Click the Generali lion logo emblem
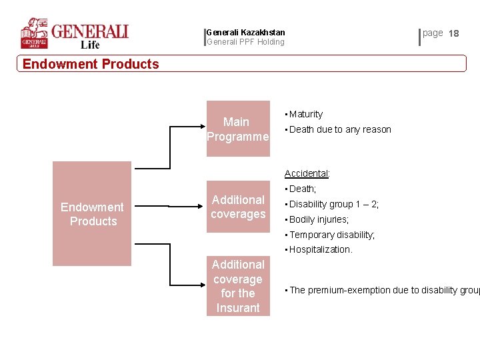(x=34, y=33)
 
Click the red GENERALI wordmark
(x=90, y=31)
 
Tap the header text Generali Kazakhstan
(x=246, y=32)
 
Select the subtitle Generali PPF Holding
(x=246, y=42)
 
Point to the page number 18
(x=454, y=33)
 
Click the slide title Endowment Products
(x=91, y=64)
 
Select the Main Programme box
(x=238, y=129)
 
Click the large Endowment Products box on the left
(x=93, y=214)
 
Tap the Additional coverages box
(x=238, y=207)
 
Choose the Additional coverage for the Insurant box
(x=238, y=287)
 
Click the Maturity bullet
(x=305, y=115)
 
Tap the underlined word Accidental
(x=307, y=174)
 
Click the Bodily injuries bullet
(x=318, y=219)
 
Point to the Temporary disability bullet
(x=331, y=235)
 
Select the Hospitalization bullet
(x=320, y=250)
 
